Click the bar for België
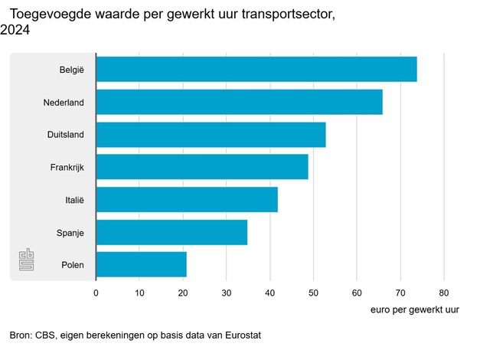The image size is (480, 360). click(x=256, y=70)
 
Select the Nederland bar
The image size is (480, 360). click(x=239, y=102)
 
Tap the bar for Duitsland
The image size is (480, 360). click(x=211, y=135)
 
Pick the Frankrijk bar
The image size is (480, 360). click(x=202, y=167)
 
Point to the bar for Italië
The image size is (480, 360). click(x=187, y=200)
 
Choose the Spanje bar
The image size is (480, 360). click(x=171, y=232)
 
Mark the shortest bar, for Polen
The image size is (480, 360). click(x=142, y=265)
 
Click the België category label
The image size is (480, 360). click(x=71, y=70)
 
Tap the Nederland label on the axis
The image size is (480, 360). click(x=64, y=102)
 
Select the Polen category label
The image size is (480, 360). click(x=72, y=265)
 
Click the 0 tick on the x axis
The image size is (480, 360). click(x=96, y=292)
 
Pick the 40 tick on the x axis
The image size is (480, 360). click(x=269, y=292)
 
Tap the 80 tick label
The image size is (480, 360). click(x=443, y=292)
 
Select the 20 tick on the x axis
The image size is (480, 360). click(x=182, y=292)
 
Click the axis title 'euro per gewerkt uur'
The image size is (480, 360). click(x=414, y=309)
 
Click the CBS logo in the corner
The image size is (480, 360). click(x=27, y=260)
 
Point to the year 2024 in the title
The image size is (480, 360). click(x=15, y=30)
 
